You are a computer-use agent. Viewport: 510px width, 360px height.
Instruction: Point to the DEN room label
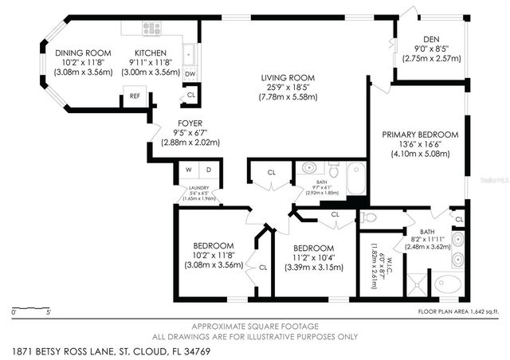(x=431, y=38)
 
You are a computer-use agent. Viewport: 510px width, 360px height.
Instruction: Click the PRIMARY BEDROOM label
(x=420, y=135)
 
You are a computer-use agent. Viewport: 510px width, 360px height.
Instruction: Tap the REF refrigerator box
(x=135, y=97)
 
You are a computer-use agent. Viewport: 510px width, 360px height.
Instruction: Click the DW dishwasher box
(x=190, y=73)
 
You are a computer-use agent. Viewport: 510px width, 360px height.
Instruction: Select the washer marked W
(x=190, y=170)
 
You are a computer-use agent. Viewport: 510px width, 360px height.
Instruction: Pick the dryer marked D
(x=209, y=170)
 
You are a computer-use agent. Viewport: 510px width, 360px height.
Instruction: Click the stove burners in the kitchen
(x=151, y=28)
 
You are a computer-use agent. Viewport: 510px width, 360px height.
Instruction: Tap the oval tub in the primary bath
(x=446, y=282)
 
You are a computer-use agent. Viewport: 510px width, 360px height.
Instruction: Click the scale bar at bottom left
(x=32, y=307)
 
